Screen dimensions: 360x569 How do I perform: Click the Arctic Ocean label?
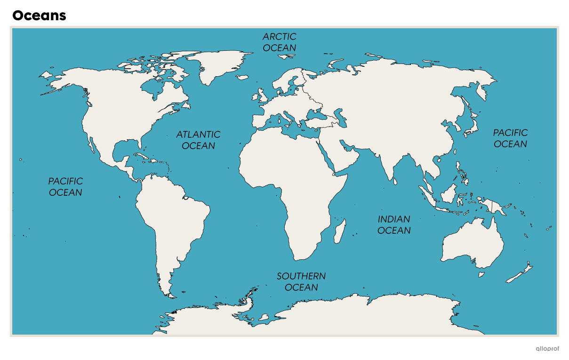click(280, 42)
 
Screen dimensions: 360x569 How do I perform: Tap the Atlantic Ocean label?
click(198, 140)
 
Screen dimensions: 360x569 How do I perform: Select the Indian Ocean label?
click(394, 224)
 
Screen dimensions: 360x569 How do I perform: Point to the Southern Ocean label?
click(301, 281)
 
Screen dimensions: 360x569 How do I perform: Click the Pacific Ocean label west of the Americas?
click(65, 186)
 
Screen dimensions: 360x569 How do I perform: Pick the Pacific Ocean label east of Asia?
click(510, 138)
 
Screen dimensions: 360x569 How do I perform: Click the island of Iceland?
click(242, 77)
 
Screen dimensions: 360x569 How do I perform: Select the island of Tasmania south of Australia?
click(481, 274)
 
